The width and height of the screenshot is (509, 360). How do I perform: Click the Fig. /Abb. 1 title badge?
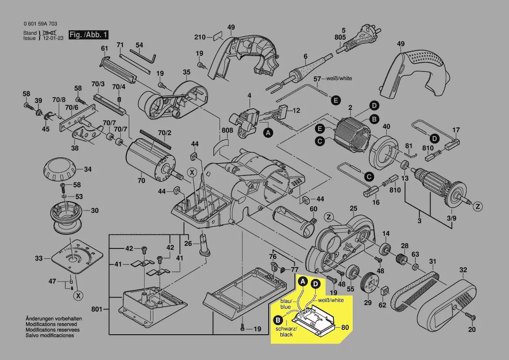click(x=88, y=34)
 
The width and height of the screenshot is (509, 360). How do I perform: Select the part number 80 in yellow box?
click(x=345, y=327)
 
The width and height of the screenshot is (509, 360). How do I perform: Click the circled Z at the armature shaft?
click(x=478, y=206)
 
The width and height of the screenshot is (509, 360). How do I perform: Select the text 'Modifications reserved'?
click(x=51, y=325)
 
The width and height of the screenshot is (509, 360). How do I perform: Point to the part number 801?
click(x=97, y=309)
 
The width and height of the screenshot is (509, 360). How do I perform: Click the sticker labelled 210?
click(x=217, y=37)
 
